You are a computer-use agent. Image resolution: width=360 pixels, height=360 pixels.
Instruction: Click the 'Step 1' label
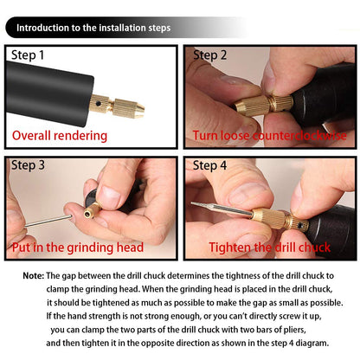[28, 55]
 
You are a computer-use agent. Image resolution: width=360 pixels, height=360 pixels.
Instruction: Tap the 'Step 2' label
[210, 55]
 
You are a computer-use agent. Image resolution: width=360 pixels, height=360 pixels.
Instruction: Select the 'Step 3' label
[28, 165]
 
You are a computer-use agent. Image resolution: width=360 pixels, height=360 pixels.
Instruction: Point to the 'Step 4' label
[209, 165]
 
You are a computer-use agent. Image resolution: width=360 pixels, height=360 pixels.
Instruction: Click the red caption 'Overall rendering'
[60, 136]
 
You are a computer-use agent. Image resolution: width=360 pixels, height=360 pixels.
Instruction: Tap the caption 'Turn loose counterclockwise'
[270, 135]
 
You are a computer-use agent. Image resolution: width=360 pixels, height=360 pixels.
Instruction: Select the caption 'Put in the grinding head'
[78, 247]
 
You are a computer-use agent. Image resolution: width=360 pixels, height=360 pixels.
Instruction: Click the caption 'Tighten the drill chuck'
[270, 247]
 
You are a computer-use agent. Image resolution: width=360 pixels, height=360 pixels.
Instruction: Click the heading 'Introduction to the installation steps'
[93, 28]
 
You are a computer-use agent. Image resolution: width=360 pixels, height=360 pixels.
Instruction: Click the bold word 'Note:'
[34, 276]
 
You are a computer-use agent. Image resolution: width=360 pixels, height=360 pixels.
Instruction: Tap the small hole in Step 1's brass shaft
[99, 103]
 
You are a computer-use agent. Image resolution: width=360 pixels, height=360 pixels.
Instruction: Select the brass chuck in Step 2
[264, 106]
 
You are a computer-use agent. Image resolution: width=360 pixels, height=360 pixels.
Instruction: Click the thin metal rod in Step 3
[48, 221]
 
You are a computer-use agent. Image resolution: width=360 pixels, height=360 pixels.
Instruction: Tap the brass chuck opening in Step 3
[87, 214]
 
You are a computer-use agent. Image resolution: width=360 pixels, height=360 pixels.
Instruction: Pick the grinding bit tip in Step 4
[194, 204]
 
